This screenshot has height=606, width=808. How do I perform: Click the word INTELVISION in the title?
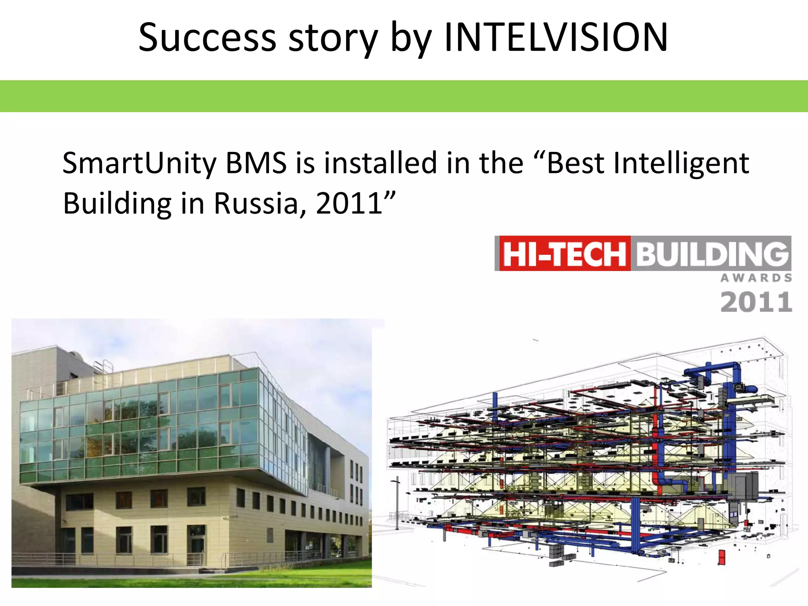click(555, 37)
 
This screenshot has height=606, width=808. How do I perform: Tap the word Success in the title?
click(208, 37)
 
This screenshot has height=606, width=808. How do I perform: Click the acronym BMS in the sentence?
click(256, 163)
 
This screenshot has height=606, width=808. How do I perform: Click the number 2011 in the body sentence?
click(349, 204)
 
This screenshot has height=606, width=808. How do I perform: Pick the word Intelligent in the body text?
click(681, 163)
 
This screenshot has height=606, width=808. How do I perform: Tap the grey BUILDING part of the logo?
click(712, 254)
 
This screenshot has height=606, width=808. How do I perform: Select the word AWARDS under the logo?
click(756, 278)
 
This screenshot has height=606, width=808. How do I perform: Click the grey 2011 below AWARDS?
click(756, 302)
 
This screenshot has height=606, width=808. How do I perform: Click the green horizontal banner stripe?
click(404, 96)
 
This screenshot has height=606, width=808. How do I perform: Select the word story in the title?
click(333, 37)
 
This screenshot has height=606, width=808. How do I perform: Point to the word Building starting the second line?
click(117, 204)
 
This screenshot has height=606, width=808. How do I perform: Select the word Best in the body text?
click(575, 163)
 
